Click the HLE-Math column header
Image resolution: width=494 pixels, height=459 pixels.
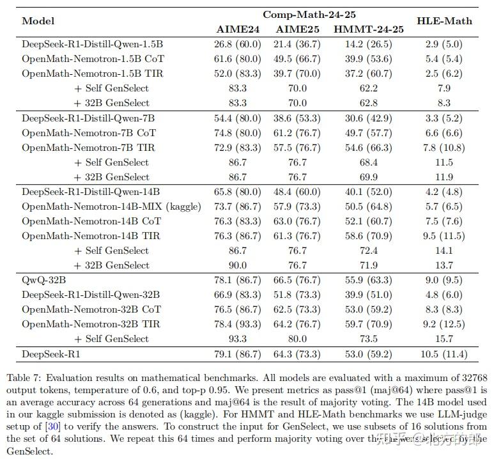[x=444, y=20]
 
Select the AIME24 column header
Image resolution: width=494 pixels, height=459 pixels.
[x=237, y=29]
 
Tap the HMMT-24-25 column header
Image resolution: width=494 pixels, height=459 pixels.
[x=369, y=29]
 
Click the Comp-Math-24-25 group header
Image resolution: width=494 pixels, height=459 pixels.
[x=309, y=14]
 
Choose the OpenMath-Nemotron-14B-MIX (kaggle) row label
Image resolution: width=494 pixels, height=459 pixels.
[x=111, y=206]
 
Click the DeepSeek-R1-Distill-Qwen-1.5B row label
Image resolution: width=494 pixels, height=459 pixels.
[x=92, y=44]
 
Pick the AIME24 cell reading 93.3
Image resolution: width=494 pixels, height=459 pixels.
[x=237, y=339]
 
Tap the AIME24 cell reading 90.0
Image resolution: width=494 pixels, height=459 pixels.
[x=237, y=265]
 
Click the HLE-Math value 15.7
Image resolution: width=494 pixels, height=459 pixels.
[x=444, y=339]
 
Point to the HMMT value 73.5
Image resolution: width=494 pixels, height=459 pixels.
[x=369, y=339]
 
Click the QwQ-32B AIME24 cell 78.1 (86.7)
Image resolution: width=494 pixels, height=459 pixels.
[x=237, y=280]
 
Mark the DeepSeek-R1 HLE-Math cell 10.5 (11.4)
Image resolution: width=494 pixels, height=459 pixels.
[x=444, y=354]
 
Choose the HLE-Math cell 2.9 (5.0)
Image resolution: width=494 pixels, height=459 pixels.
[x=444, y=44]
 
